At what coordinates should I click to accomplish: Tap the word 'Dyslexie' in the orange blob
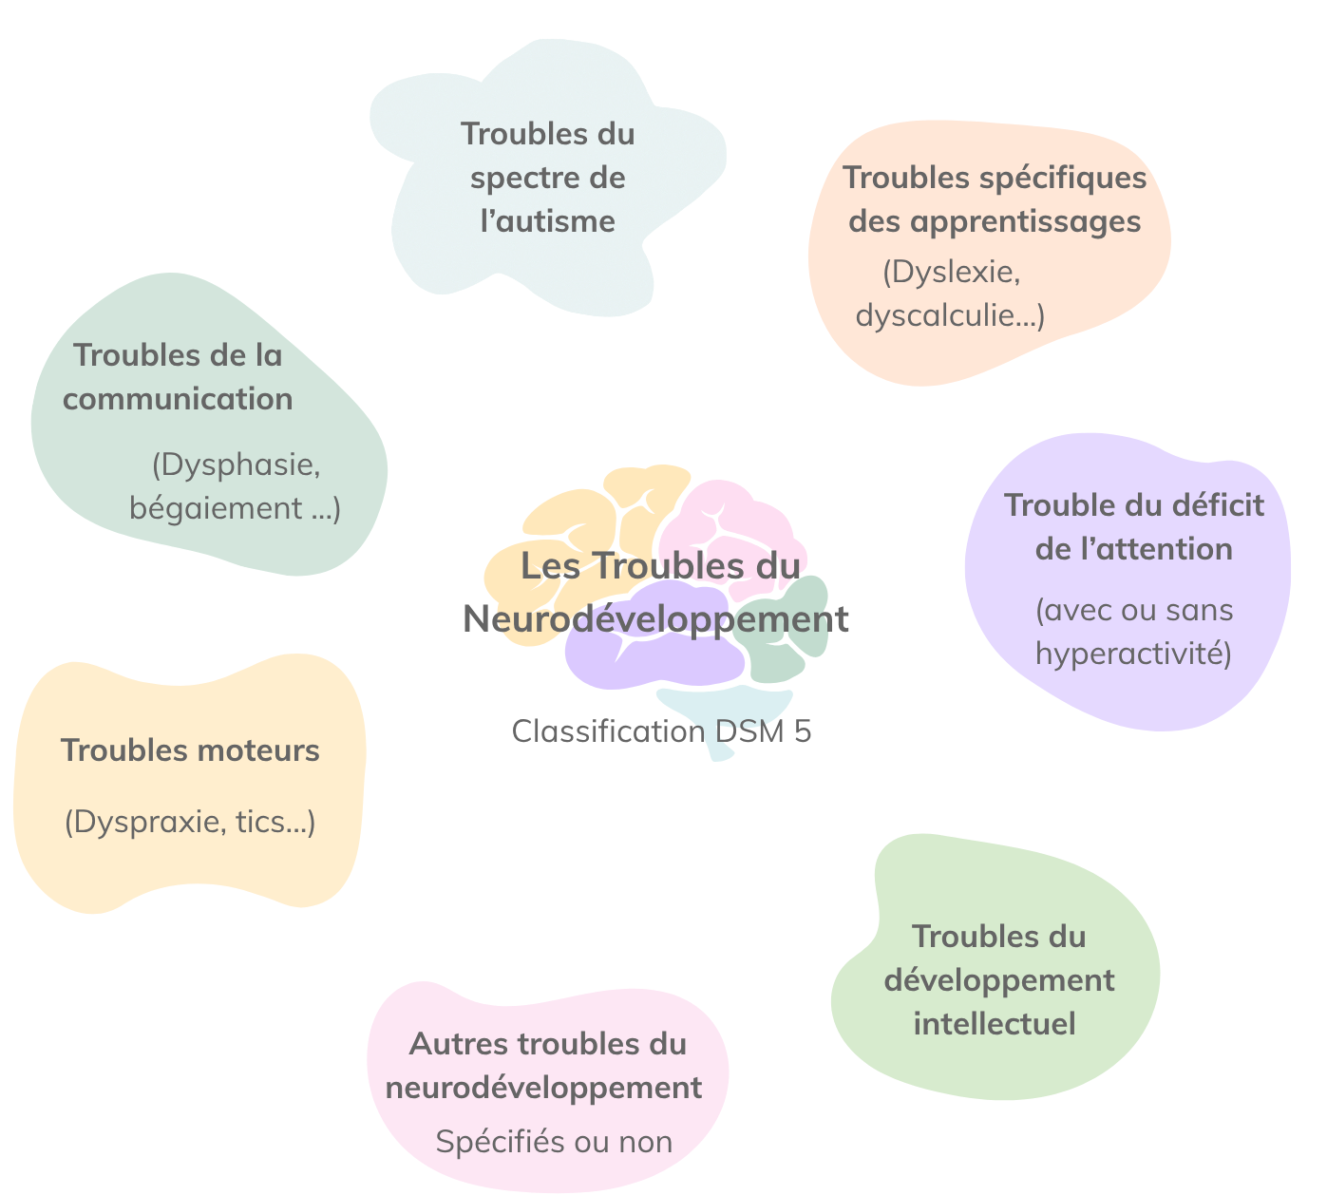(x=950, y=272)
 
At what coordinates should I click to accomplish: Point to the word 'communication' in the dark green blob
(x=178, y=399)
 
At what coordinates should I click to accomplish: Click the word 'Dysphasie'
(x=235, y=465)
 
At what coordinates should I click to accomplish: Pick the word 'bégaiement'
(x=216, y=508)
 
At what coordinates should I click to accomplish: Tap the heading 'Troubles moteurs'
(x=190, y=750)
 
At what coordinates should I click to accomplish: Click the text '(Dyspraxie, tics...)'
(x=190, y=822)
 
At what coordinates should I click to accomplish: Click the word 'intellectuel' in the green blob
(x=994, y=1024)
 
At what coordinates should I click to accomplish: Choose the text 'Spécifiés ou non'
(x=554, y=1142)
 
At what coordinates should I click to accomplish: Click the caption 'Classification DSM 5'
(x=661, y=731)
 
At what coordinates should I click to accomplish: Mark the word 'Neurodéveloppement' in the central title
(x=655, y=619)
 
